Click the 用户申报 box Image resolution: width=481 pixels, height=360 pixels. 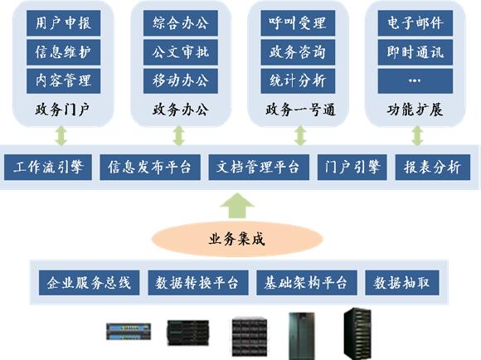(x=64, y=23)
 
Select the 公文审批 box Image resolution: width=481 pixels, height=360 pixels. (x=181, y=52)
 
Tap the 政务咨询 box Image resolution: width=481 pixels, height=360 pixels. (x=298, y=52)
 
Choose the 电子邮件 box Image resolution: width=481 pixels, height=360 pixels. (x=415, y=23)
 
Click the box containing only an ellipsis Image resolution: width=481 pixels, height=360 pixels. (x=415, y=80)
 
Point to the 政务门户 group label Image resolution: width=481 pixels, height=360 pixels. (x=62, y=109)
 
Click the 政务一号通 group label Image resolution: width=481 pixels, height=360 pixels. (x=300, y=109)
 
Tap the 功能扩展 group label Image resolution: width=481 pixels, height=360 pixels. (x=415, y=109)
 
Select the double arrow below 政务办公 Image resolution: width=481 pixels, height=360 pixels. (x=178, y=136)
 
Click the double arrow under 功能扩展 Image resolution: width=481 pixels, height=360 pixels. (x=417, y=136)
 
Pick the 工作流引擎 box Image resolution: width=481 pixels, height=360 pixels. (x=48, y=168)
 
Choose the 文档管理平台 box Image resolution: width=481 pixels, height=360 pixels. (x=259, y=168)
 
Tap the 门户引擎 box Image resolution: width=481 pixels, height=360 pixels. (x=352, y=168)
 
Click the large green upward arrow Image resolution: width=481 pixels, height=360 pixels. (x=237, y=206)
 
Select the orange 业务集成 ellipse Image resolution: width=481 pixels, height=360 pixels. (x=237, y=239)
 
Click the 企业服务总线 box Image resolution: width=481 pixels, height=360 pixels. (x=89, y=283)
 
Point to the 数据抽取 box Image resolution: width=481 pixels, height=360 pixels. (x=402, y=283)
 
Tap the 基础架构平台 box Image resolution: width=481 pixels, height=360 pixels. (x=307, y=283)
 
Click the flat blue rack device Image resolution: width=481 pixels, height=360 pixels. (x=129, y=332)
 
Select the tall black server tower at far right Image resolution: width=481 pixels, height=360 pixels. (x=357, y=334)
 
